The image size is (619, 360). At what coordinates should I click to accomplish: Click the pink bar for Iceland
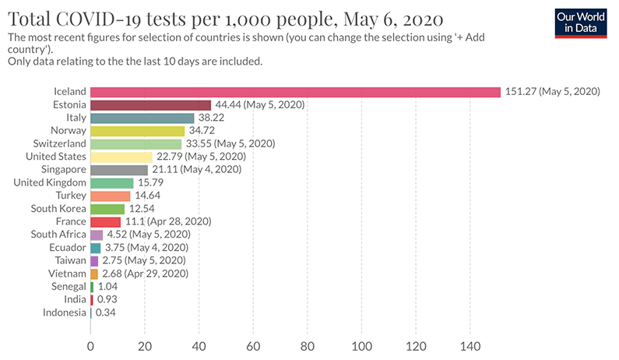coord(295,92)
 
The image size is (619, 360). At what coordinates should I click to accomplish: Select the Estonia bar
coord(150,105)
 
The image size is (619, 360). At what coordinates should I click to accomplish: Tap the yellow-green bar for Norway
coord(137,131)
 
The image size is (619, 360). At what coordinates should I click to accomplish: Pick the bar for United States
coord(121,157)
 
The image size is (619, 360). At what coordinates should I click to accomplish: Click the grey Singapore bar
coord(118,170)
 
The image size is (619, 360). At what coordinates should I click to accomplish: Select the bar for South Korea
coord(107,209)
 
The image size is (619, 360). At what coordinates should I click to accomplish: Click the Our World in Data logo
coord(584,23)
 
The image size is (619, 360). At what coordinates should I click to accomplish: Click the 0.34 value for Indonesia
coord(106,312)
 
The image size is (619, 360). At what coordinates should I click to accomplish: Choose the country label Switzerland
coord(59,144)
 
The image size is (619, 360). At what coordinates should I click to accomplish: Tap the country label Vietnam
coord(67,274)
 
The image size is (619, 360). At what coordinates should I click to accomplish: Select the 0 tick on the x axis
coord(90,345)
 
